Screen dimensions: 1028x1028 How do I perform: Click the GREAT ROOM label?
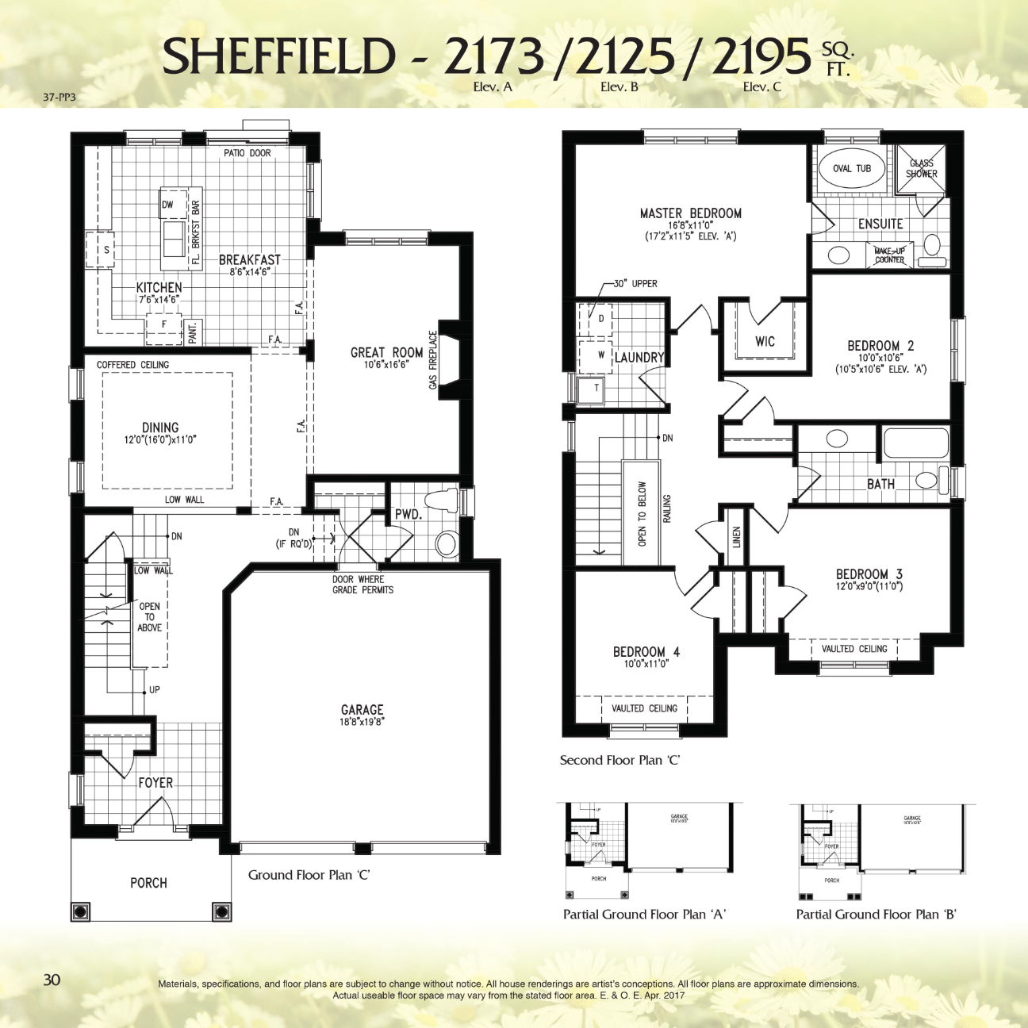pyautogui.click(x=386, y=352)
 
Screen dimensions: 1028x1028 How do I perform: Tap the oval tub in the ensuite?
pyautogui.click(x=851, y=169)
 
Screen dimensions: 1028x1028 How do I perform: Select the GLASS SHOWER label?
pyautogui.click(x=921, y=168)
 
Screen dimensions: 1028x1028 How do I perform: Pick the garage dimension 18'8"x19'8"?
pyautogui.click(x=362, y=722)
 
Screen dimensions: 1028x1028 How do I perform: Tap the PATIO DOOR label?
pyautogui.click(x=247, y=153)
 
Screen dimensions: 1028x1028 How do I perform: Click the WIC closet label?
pyautogui.click(x=765, y=342)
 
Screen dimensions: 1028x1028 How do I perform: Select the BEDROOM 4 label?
pyautogui.click(x=646, y=652)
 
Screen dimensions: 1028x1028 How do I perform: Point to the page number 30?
pyautogui.click(x=52, y=980)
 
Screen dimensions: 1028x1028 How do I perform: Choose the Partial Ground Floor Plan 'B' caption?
pyautogui.click(x=876, y=915)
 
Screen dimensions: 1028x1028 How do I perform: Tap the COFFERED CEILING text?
pyautogui.click(x=132, y=365)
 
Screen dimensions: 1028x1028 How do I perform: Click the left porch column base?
pyautogui.click(x=80, y=911)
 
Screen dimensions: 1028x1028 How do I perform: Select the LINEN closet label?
pyautogui.click(x=736, y=538)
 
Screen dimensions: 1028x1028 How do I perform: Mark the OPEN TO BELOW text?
pyautogui.click(x=642, y=514)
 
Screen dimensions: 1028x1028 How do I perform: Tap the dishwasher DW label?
pyautogui.click(x=167, y=205)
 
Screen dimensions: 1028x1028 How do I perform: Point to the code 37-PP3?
pyautogui.click(x=59, y=98)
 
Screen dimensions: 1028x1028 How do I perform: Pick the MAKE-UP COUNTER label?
pyautogui.click(x=889, y=255)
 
